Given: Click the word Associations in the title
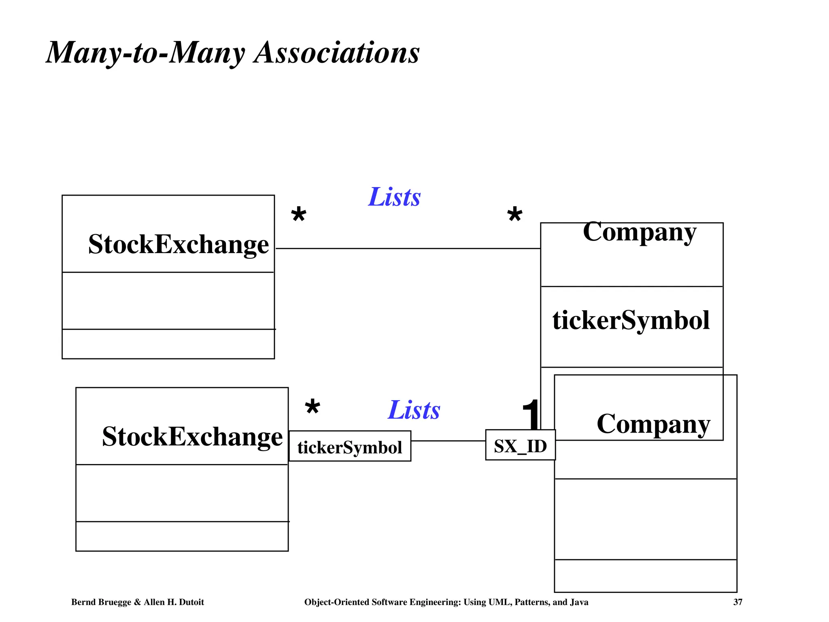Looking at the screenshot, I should tap(336, 53).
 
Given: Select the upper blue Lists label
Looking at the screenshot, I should tap(394, 197).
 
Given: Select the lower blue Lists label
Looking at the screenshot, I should tap(414, 410).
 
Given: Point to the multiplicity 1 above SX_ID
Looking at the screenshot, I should tap(531, 414).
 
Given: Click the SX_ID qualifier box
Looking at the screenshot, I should tap(520, 446).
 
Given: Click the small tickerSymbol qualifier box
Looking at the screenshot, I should tap(350, 447).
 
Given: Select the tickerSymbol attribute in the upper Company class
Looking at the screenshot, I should tap(631, 320).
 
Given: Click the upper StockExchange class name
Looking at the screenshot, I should tap(179, 244).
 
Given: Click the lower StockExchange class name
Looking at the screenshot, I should tap(192, 437).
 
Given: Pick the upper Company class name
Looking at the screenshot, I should tap(640, 232).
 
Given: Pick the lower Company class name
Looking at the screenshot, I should tap(653, 424).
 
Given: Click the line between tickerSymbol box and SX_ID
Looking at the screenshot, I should tap(448, 441).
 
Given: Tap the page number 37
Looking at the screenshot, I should tap(738, 602).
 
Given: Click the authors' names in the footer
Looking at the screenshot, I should tap(138, 602).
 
